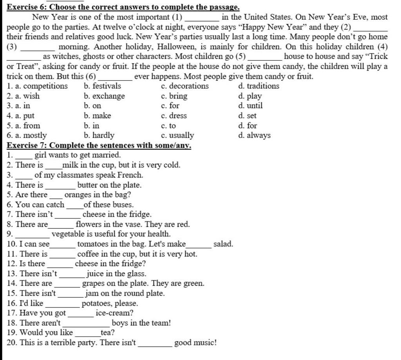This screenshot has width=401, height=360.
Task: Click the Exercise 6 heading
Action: click(123, 7)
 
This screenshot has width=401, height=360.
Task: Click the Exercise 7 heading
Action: click(99, 145)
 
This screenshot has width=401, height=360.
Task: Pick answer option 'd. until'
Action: click(250, 106)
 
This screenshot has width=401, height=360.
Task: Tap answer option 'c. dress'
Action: click(174, 116)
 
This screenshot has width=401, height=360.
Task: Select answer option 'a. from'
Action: click(23, 126)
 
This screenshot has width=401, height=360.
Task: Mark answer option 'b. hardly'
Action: click(99, 136)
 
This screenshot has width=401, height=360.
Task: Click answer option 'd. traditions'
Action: click(258, 86)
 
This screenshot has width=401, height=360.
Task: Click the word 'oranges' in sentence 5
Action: click(77, 195)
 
